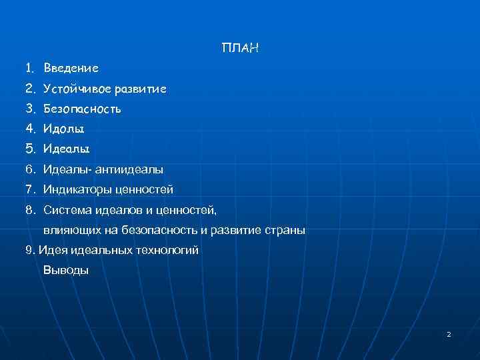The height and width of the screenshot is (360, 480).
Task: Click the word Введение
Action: point(71,68)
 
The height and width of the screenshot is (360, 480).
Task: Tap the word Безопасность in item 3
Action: point(82,108)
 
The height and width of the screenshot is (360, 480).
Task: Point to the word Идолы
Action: point(64,128)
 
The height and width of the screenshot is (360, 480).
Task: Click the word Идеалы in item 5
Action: point(66,149)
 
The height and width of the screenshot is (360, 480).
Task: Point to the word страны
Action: point(287,231)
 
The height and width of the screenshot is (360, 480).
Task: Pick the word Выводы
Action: point(66,271)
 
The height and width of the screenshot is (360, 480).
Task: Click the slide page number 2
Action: point(449,333)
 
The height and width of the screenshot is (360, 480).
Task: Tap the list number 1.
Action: point(29,68)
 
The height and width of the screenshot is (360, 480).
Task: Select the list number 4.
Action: point(29,128)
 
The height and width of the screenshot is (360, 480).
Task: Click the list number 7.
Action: point(29,190)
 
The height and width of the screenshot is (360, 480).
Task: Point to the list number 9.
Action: point(29,251)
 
